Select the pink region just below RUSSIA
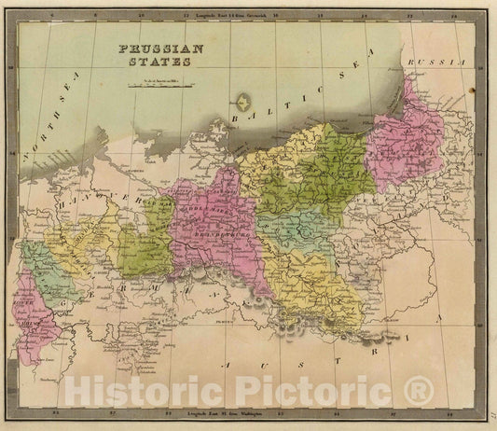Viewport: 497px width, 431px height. (x=406, y=140)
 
